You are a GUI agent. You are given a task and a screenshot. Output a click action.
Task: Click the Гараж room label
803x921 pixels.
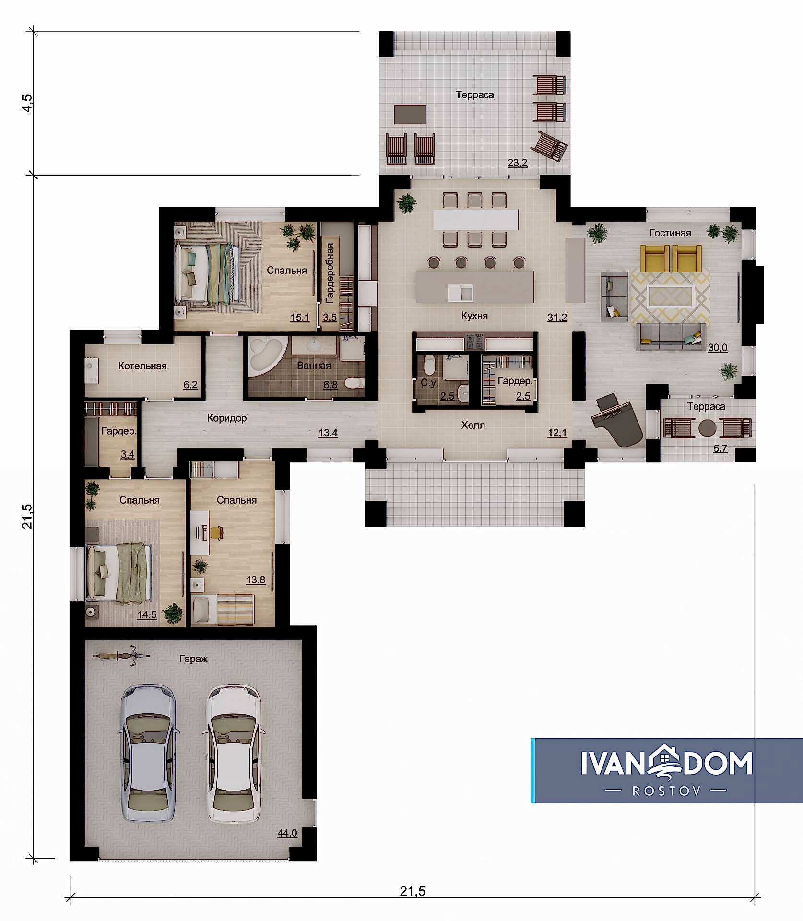[193, 659]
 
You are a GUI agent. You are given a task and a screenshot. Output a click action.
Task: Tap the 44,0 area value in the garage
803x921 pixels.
[287, 833]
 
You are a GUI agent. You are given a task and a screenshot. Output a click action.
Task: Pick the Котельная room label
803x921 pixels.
[142, 366]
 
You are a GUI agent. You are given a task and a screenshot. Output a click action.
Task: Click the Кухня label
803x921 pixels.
[474, 316]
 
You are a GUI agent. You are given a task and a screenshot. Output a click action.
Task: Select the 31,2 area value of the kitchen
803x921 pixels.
[557, 317]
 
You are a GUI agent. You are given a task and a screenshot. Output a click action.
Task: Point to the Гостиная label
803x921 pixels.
[670, 233]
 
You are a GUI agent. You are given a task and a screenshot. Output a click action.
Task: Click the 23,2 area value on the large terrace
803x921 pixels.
[518, 163]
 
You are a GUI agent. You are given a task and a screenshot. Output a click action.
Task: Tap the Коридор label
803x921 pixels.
[227, 418]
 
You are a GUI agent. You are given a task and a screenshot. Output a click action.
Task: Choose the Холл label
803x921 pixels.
[473, 425]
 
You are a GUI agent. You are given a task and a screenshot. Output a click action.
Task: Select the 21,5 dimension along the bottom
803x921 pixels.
[413, 891]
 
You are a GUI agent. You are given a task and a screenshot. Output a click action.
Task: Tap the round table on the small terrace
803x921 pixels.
[707, 428]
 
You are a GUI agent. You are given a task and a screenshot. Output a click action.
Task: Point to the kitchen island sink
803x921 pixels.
[461, 293]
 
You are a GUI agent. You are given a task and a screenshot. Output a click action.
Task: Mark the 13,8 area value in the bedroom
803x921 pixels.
[256, 579]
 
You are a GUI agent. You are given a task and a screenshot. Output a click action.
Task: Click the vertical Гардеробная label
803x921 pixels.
[330, 273]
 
